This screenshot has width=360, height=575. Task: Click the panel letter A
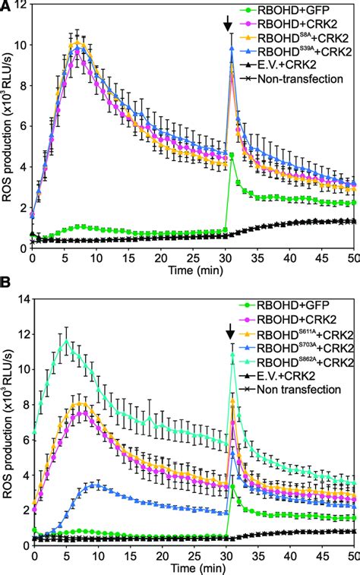6,7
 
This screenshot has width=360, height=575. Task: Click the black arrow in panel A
230,25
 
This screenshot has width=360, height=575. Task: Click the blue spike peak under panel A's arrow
231,48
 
